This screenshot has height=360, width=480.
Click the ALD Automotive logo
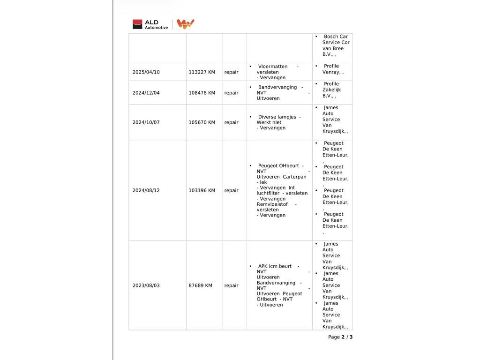[x=150, y=24]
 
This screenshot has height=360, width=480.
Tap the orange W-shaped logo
[x=185, y=24]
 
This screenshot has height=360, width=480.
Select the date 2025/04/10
[x=146, y=72]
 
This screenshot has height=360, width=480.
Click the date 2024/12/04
[x=146, y=93]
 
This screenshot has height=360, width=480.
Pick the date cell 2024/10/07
[x=146, y=122]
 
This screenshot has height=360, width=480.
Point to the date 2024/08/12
[x=146, y=190]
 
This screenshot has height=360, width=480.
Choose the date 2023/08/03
[x=146, y=285]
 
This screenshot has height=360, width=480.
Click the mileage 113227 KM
[x=202, y=72]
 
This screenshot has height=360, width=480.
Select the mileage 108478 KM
[x=202, y=93]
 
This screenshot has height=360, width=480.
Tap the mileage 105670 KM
[x=202, y=122]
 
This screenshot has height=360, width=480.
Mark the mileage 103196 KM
[x=202, y=190]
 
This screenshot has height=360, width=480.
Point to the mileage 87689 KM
[x=200, y=285]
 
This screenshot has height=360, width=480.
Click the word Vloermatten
[x=273, y=67]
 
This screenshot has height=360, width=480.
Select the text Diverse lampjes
[x=277, y=117]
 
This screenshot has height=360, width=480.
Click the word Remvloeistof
[x=272, y=204]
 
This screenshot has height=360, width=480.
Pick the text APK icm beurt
[x=275, y=266]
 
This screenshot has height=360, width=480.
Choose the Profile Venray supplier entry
[x=332, y=69]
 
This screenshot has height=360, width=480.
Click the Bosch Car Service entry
[x=336, y=45]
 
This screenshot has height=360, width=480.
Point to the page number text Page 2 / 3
[x=340, y=337]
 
